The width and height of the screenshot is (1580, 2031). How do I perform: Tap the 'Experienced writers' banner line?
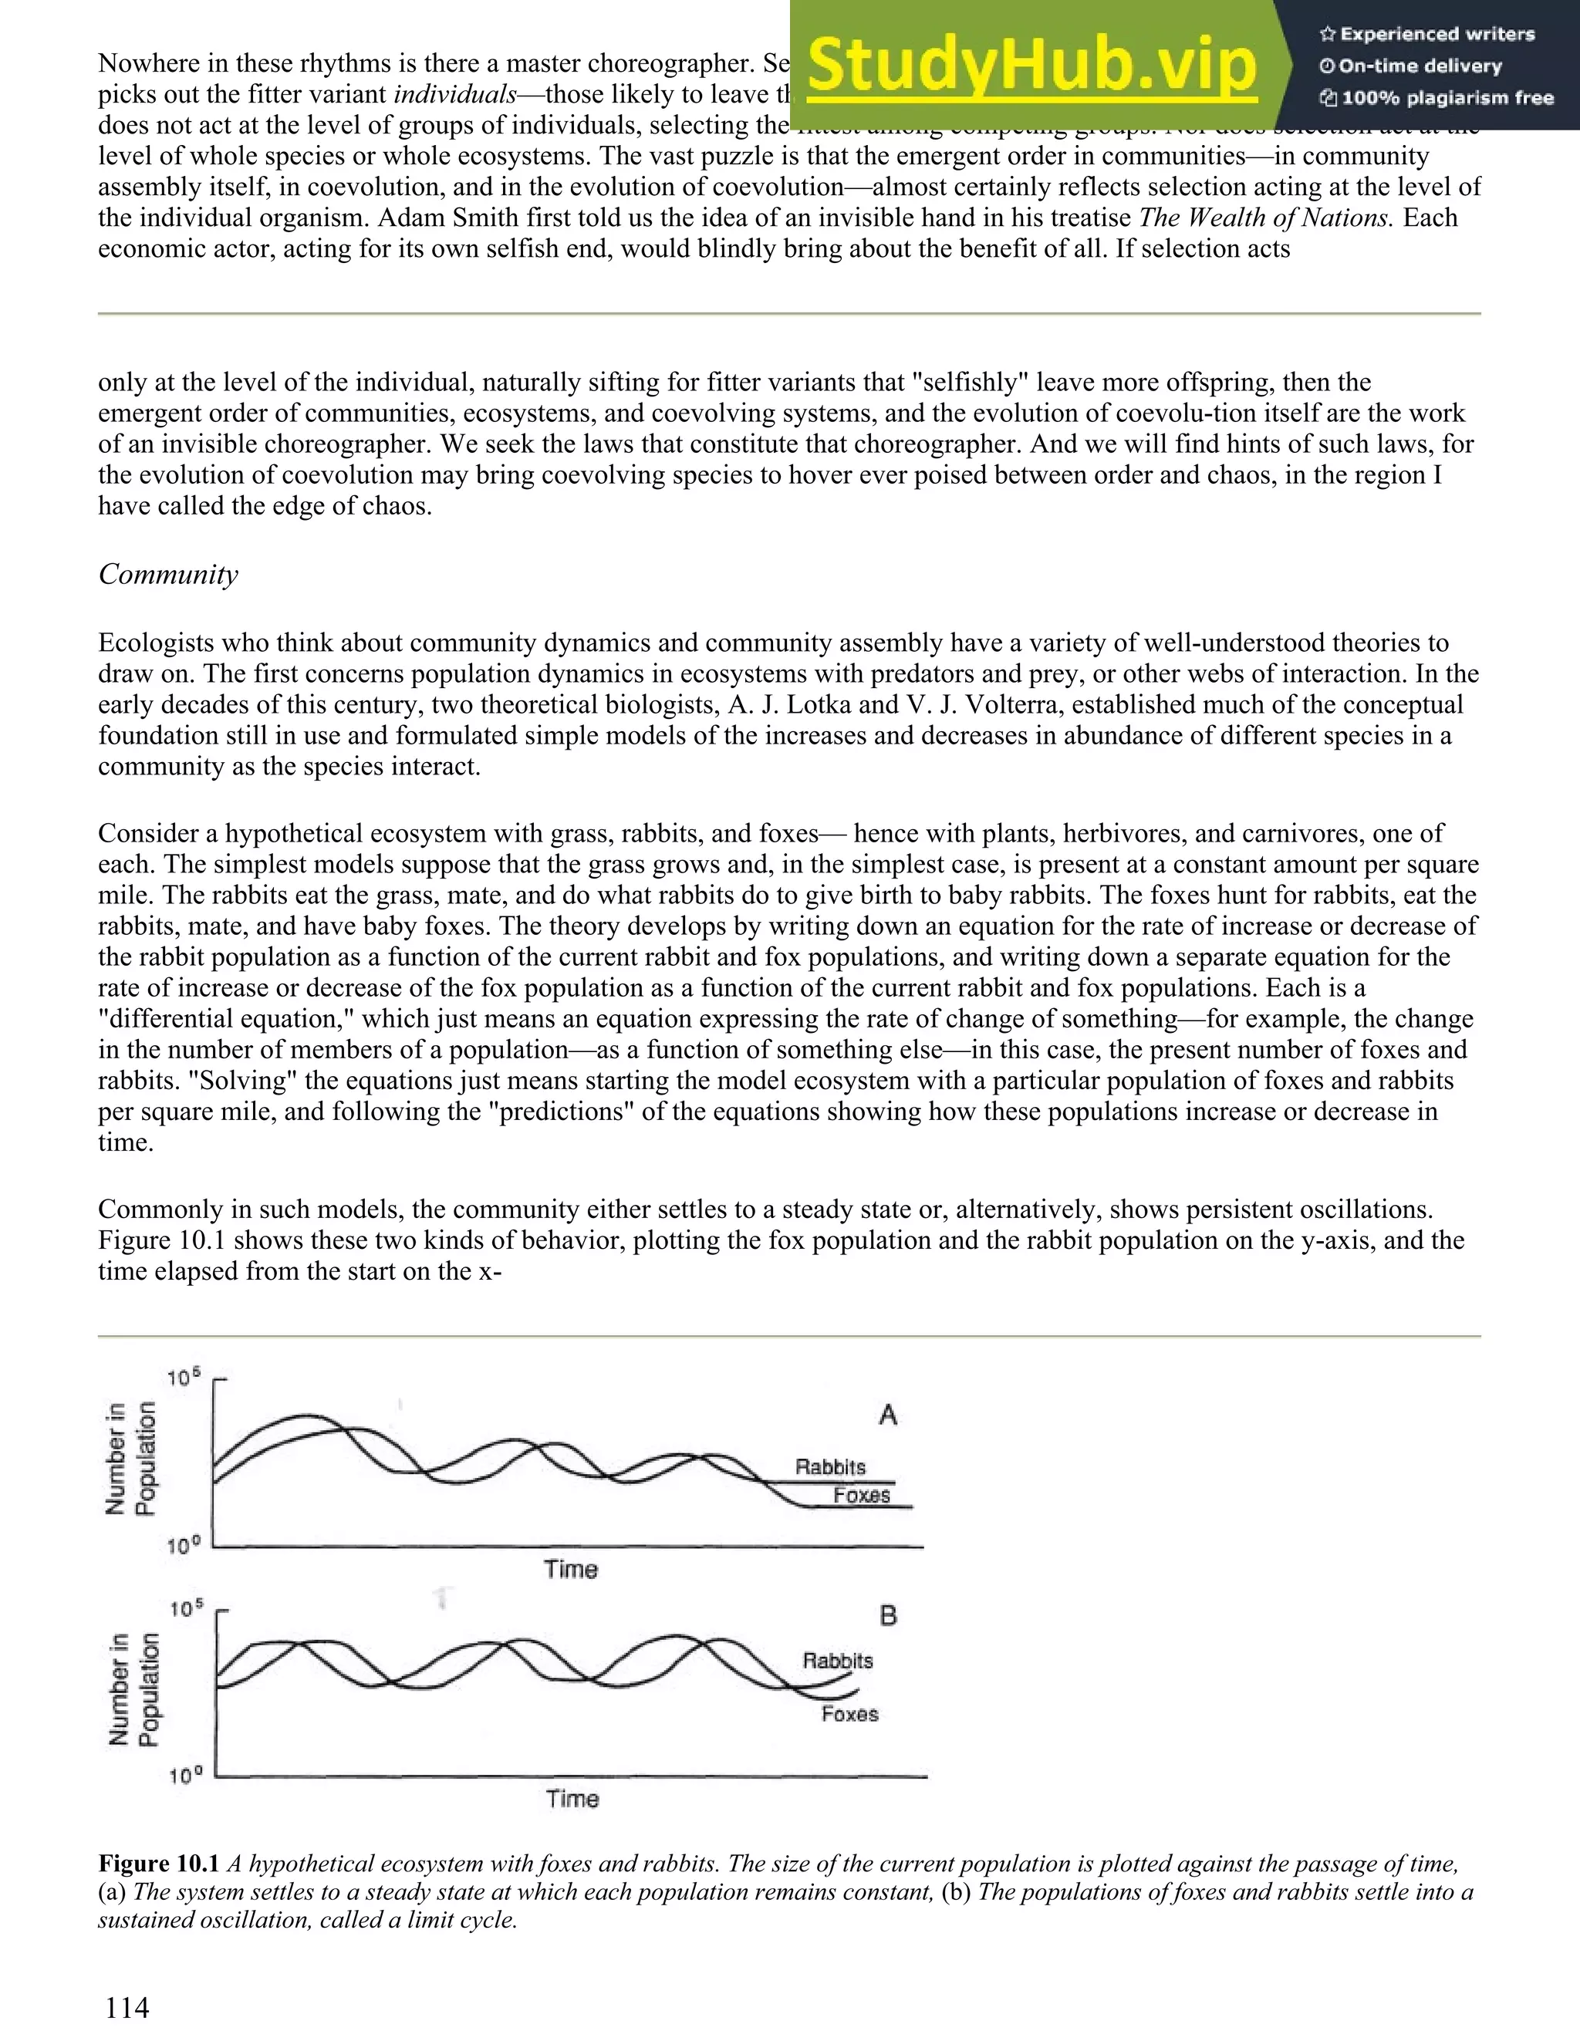1426,35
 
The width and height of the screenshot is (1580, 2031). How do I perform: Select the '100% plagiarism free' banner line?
1437,98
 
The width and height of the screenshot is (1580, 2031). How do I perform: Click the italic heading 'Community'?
168,574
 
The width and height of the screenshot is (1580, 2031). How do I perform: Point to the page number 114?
127,2007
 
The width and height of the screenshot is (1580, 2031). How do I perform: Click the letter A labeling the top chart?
887,1415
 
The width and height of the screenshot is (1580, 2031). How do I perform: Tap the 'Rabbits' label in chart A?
829,1466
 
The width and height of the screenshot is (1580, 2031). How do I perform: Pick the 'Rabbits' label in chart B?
837,1660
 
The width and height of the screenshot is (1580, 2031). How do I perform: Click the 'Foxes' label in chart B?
849,1713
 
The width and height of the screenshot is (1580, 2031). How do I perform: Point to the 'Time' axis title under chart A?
570,1569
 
